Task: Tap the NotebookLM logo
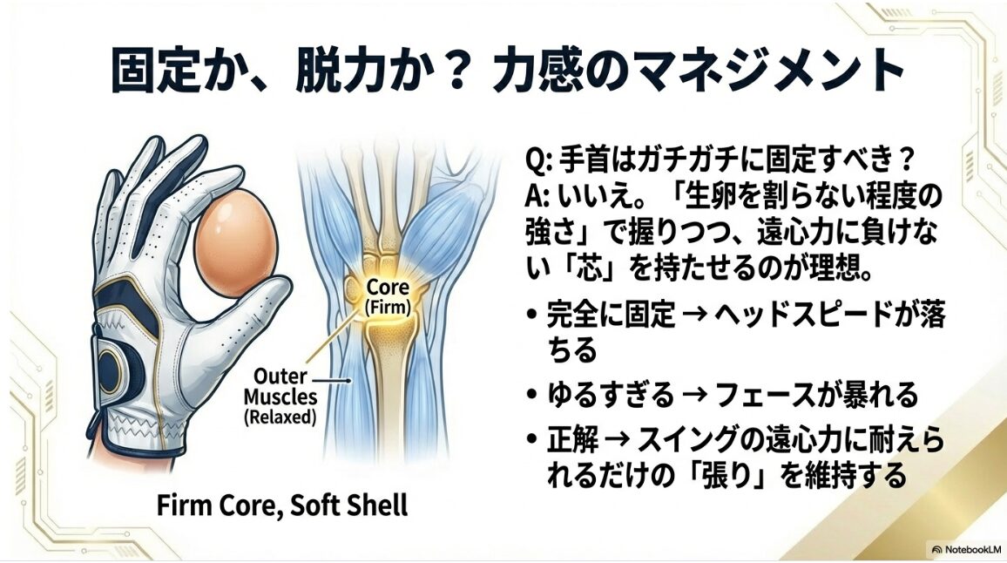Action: [x=966, y=550]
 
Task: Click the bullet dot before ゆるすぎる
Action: [x=531, y=396]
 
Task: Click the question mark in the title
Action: [x=452, y=71]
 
